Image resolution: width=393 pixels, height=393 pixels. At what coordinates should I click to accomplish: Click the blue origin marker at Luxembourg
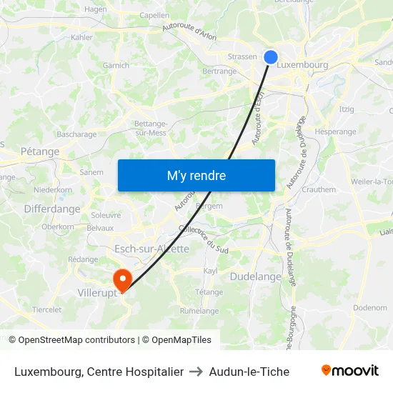coord(271,57)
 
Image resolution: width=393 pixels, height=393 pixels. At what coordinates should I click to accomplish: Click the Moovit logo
coord(350,371)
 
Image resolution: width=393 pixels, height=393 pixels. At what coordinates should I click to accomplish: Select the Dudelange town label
coord(256,277)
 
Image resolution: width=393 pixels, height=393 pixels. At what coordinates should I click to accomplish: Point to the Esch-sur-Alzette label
coord(151,249)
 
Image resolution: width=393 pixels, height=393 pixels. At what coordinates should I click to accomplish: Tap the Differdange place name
coord(52,209)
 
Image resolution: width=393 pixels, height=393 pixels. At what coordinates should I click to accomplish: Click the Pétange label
coord(40,151)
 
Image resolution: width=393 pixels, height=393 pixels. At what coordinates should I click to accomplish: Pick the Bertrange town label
coord(219,71)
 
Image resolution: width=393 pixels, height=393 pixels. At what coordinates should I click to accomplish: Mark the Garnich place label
coord(116,66)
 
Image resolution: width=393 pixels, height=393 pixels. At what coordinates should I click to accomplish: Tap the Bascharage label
coord(76,134)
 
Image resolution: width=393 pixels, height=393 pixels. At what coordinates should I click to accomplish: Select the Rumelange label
coord(199,311)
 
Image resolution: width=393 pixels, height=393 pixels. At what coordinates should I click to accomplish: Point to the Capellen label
coord(154,15)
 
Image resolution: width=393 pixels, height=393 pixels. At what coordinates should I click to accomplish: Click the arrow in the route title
coord(195,372)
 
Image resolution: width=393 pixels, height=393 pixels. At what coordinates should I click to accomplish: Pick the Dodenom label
coord(370,308)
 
